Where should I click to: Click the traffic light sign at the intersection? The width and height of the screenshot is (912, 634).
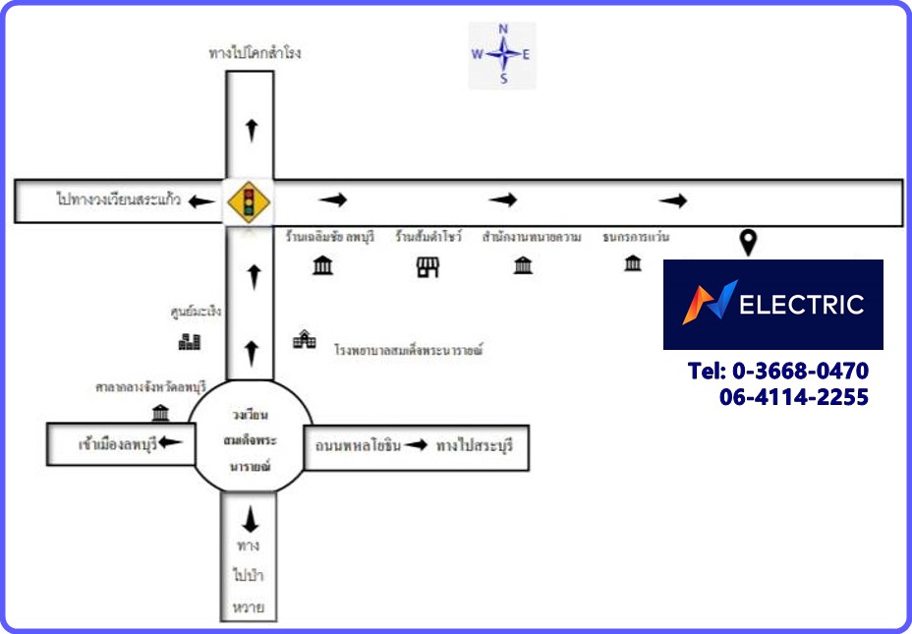pyautogui.click(x=250, y=202)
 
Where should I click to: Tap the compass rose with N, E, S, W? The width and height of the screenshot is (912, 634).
pyautogui.click(x=502, y=55)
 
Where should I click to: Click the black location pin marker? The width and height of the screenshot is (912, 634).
pyautogui.click(x=749, y=242)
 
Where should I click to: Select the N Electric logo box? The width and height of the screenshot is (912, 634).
pyautogui.click(x=772, y=304)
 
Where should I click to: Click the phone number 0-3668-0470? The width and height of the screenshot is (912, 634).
pyautogui.click(x=778, y=372)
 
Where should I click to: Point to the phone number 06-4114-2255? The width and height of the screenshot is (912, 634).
pyautogui.click(x=793, y=397)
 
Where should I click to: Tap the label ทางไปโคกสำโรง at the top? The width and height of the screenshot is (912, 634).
pyautogui.click(x=255, y=53)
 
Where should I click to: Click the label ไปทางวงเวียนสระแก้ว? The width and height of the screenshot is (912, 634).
pyautogui.click(x=118, y=201)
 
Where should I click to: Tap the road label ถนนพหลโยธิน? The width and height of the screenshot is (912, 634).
pyautogui.click(x=358, y=445)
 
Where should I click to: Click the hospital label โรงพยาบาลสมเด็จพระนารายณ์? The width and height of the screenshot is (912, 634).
pyautogui.click(x=410, y=350)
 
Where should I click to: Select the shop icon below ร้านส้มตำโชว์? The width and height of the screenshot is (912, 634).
pyautogui.click(x=427, y=266)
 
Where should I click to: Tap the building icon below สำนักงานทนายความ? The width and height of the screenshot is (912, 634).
pyautogui.click(x=523, y=265)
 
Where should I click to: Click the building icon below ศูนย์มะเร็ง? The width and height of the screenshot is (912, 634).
pyautogui.click(x=190, y=341)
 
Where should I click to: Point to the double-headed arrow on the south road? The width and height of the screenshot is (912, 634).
pyautogui.click(x=250, y=518)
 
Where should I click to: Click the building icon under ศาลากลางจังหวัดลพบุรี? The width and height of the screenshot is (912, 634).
pyautogui.click(x=160, y=413)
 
